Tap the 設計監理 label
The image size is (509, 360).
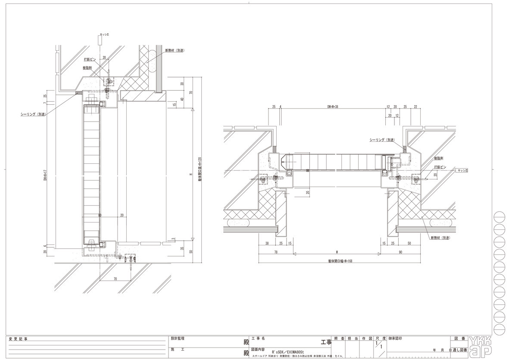tap(178, 339)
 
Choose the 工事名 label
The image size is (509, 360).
tap(258, 339)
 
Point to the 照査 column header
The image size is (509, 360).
tap(339, 339)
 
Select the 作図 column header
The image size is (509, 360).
tap(367, 339)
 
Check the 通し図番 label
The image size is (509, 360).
tap(459, 351)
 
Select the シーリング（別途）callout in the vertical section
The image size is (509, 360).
tap(33, 114)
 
